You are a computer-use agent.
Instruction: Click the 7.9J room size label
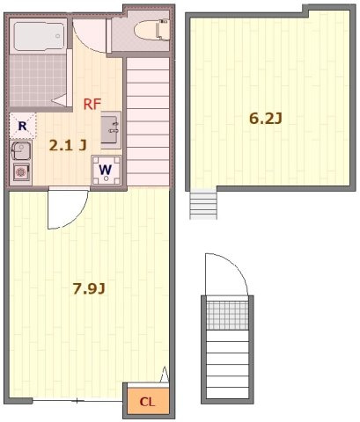pyautogui.click(x=89, y=289)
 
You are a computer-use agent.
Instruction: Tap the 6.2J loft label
pyautogui.click(x=266, y=119)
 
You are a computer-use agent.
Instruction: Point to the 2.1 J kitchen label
pyautogui.click(x=68, y=145)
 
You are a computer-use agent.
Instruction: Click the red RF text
pyautogui.click(x=92, y=104)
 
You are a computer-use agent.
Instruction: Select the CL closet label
pyautogui.click(x=147, y=402)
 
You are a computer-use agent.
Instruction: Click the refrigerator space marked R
pyautogui.click(x=23, y=126)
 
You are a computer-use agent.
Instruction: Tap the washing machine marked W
pyautogui.click(x=106, y=171)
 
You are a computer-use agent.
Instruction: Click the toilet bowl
pyautogui.click(x=151, y=29)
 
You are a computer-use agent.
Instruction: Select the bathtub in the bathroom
pyautogui.click(x=39, y=36)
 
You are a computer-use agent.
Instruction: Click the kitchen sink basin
pyautogui.click(x=21, y=150)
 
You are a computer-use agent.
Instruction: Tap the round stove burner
pyautogui.click(x=21, y=172)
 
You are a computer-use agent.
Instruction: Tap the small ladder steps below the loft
pyautogui.click(x=203, y=205)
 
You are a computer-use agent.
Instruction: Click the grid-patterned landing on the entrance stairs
pyautogui.click(x=227, y=316)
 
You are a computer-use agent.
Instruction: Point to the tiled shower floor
pyautogui.click(x=38, y=81)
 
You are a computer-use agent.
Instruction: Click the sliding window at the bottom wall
pyautogui.click(x=77, y=401)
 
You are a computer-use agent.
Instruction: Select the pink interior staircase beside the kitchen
pyautogui.click(x=148, y=121)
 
